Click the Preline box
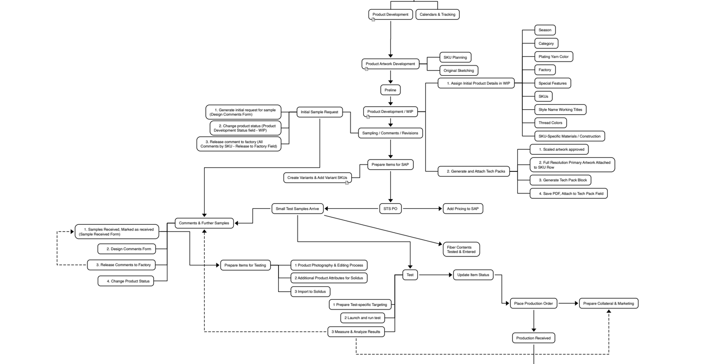[390, 90]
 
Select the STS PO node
[390, 209]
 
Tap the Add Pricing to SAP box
[463, 209]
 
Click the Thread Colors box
[550, 123]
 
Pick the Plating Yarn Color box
[554, 56]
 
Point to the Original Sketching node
[458, 71]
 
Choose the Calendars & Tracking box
[437, 15]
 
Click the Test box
[410, 275]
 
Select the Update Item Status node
[473, 275]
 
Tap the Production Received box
[533, 338]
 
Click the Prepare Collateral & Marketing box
[608, 303]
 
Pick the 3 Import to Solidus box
[310, 291]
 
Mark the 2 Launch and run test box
[362, 318]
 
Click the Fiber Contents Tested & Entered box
[461, 249]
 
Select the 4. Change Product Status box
[126, 281]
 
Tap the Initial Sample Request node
[319, 112]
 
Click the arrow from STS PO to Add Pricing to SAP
[422, 209]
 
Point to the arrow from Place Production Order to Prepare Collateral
[569, 303]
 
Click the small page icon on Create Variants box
[347, 182]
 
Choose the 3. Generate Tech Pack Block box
[560, 180]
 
